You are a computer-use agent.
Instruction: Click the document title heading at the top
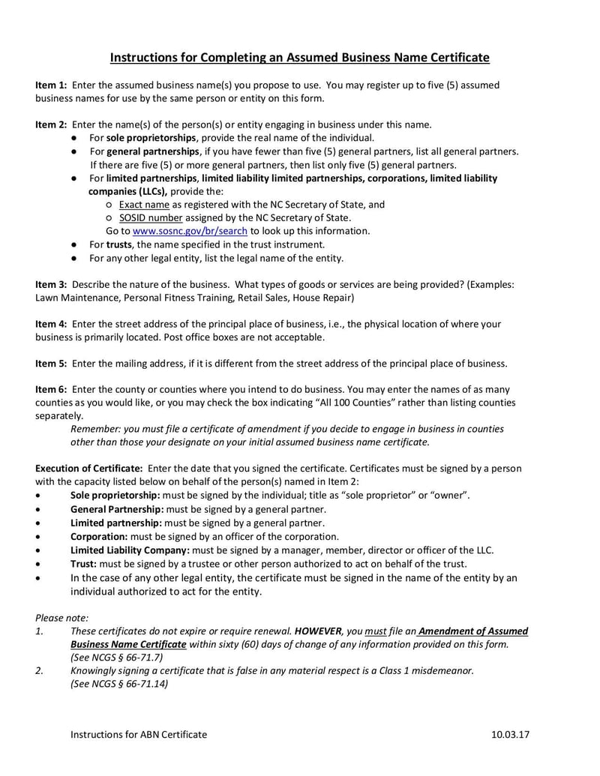click(300, 57)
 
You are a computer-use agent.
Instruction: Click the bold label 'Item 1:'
click(52, 85)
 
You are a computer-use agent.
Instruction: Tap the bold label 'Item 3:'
click(52, 285)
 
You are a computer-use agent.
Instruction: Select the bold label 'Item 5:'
click(52, 364)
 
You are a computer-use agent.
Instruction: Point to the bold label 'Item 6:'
click(52, 390)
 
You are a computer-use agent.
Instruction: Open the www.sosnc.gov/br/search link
click(190, 231)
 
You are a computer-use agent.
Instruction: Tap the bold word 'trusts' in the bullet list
click(120, 244)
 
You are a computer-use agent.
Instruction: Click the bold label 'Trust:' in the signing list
click(84, 563)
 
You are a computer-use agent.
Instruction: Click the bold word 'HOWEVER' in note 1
click(319, 631)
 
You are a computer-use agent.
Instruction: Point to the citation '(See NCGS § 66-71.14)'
click(119, 684)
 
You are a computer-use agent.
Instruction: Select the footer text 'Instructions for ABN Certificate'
click(139, 735)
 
